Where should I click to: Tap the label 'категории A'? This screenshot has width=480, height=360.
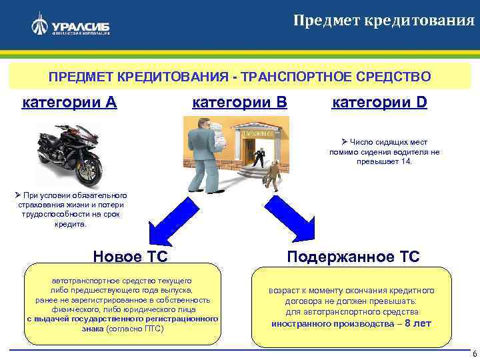point(70,103)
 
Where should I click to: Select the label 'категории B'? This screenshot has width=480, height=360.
point(239,103)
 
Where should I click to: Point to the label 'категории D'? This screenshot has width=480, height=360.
point(379,103)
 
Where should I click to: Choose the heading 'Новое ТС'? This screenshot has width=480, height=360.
point(130,257)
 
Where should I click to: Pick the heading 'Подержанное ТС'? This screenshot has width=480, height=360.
point(353,257)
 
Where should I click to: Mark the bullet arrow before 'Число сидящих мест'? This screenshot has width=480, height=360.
point(337,142)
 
